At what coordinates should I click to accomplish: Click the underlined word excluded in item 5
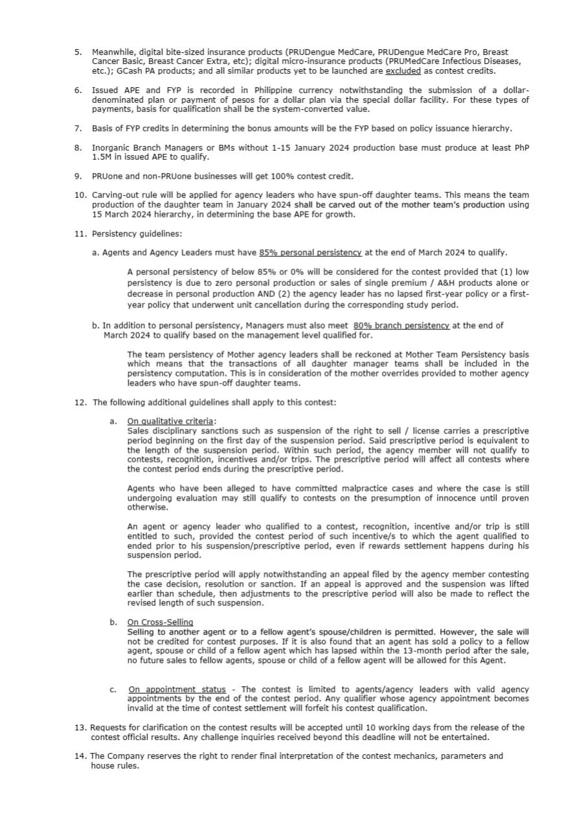click(x=403, y=71)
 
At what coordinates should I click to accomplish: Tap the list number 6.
click(x=78, y=91)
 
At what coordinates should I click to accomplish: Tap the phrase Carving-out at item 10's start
click(x=116, y=195)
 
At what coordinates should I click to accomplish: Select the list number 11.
click(x=80, y=233)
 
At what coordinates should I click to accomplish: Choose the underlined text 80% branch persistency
click(x=401, y=326)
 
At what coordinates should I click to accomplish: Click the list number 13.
click(x=80, y=728)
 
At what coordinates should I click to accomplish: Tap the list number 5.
click(x=78, y=52)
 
